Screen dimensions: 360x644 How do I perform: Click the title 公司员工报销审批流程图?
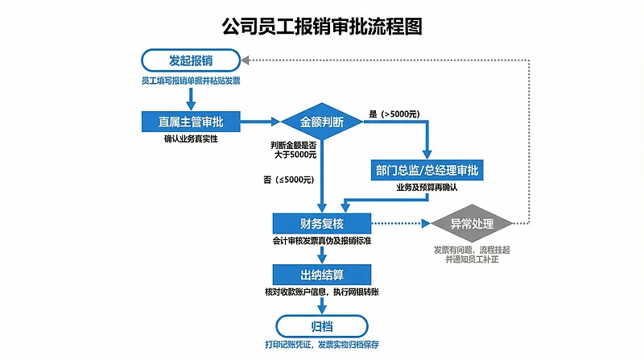pyautogui.click(x=322, y=26)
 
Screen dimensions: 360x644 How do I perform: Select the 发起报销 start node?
pyautogui.click(x=191, y=60)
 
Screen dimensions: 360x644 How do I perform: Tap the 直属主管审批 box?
pyautogui.click(x=191, y=122)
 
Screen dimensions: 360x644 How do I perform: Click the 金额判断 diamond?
pyautogui.click(x=321, y=122)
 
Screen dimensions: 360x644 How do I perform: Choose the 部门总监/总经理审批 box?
pyautogui.click(x=427, y=171)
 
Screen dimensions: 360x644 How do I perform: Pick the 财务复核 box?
pyautogui.click(x=321, y=222)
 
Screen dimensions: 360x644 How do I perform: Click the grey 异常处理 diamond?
pyautogui.click(x=472, y=223)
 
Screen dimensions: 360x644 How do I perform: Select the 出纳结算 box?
pyautogui.click(x=321, y=275)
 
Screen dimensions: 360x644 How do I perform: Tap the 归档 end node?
pyautogui.click(x=321, y=325)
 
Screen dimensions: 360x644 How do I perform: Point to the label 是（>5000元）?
pyautogui.click(x=394, y=114)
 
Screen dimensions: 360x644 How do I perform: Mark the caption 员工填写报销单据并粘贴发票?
pyautogui.click(x=191, y=81)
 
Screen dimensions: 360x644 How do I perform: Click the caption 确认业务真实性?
pyautogui.click(x=191, y=139)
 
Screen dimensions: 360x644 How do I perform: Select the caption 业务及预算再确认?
pyautogui.click(x=427, y=187)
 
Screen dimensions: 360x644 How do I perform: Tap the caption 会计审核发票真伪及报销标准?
pyautogui.click(x=321, y=241)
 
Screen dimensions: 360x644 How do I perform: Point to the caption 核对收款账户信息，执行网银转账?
pyautogui.click(x=321, y=291)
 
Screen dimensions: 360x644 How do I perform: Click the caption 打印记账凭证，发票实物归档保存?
pyautogui.click(x=321, y=345)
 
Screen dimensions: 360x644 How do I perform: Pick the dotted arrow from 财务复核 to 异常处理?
pyautogui.click(x=399, y=223)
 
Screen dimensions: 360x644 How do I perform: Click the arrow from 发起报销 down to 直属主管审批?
pyautogui.click(x=191, y=98)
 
